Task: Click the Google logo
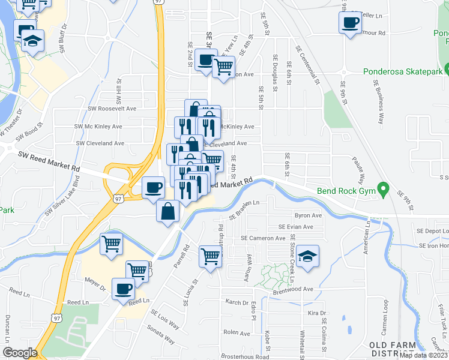20,353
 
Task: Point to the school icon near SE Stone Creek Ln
307,256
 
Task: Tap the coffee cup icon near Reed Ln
123,289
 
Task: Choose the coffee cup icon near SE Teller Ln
350,23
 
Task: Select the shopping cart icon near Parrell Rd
211,256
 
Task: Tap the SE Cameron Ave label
263,238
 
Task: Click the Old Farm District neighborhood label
400,349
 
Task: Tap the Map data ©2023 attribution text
424,355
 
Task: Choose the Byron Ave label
308,215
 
